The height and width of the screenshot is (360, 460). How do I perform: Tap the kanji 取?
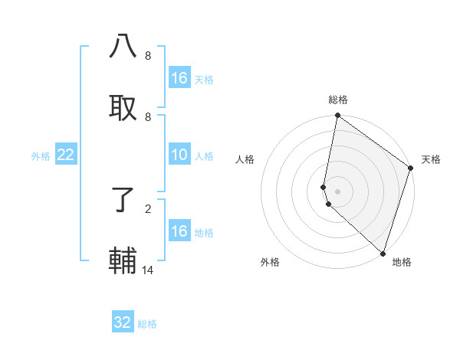123,106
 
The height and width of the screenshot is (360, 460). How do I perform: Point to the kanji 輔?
123,259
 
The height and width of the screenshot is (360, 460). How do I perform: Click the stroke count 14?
148,270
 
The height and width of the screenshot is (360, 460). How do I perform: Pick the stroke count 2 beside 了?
147,208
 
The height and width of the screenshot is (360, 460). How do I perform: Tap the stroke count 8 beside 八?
147,56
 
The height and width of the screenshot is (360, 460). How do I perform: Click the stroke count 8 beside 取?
147,116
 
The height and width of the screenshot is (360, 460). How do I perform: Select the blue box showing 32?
123,322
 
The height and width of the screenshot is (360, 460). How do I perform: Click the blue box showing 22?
66,155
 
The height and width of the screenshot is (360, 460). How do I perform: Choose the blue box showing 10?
179,155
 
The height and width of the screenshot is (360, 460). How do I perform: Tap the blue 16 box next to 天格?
179,78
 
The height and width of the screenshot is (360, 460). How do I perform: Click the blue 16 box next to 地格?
179,231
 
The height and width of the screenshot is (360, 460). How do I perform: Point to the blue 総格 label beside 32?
147,324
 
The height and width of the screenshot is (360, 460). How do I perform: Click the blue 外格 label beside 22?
41,156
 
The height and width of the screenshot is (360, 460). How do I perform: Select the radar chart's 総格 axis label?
338,100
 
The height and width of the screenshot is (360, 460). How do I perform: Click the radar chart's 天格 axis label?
431,159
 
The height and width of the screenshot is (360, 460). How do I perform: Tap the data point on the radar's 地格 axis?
383,252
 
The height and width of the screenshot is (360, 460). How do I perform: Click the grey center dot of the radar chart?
338,191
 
